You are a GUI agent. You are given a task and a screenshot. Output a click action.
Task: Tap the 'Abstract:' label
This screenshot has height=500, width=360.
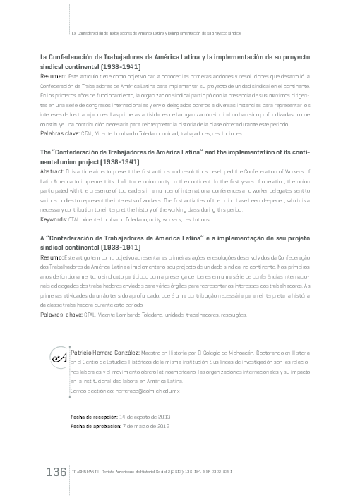[53, 171]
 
